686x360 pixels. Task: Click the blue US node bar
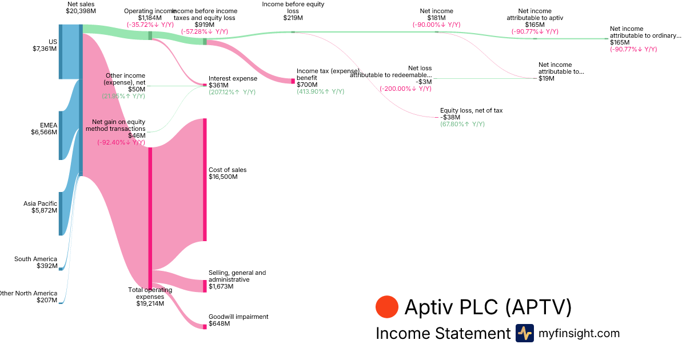coord(60,51)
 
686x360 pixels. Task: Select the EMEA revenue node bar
coord(60,135)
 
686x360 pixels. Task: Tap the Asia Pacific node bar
coord(60,214)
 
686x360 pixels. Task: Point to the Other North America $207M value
coord(46,301)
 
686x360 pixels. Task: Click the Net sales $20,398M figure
coord(81,11)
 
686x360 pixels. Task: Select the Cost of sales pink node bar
coord(205,180)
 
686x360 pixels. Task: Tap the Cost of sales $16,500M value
coord(223,177)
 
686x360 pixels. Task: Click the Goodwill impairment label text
coord(238,317)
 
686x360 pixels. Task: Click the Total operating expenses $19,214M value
coord(150,304)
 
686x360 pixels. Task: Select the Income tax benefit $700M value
coord(307,85)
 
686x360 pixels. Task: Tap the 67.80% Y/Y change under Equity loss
coord(462,124)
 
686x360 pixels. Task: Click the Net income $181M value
coord(436,18)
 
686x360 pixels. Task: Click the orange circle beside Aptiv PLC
coord(387,307)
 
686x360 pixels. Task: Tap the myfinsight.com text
coord(579,333)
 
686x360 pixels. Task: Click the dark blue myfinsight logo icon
coord(525,333)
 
